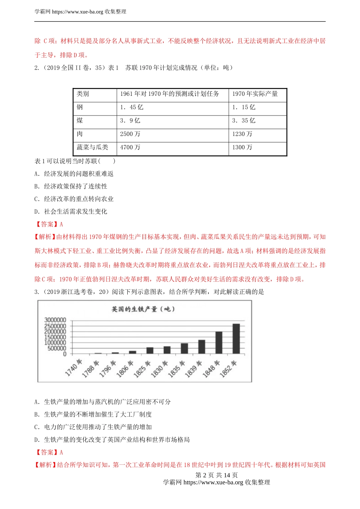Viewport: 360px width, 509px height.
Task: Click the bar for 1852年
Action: click(236, 339)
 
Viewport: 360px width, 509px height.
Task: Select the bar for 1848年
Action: click(219, 343)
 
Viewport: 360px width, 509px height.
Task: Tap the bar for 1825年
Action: click(150, 350)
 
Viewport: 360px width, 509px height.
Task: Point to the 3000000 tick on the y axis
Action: click(55, 320)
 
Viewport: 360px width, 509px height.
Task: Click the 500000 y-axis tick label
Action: click(57, 348)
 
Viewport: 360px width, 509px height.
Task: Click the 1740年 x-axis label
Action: click(74, 368)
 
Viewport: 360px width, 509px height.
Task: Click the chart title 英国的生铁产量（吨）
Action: click(143, 309)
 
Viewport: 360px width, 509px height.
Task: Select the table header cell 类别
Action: click(83, 94)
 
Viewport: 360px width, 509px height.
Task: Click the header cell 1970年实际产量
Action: click(255, 94)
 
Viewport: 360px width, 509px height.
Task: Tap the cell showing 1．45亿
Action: click(131, 108)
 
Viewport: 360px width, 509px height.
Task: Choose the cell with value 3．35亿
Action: click(244, 121)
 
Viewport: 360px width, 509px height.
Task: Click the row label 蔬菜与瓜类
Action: click(92, 147)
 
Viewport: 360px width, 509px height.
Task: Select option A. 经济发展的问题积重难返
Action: click(74, 174)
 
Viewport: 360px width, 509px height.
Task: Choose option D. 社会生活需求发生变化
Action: click(71, 212)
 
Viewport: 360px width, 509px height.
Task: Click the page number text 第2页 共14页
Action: click(216, 475)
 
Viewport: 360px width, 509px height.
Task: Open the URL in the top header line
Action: click(77, 12)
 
